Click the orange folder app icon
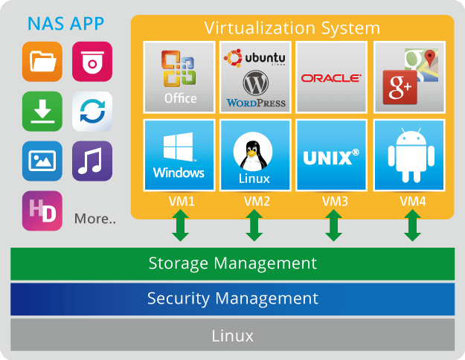coord(42,62)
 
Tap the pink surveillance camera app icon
coord(92,62)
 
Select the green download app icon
coord(42,112)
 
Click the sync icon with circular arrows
coord(92,112)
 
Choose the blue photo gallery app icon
coord(42,161)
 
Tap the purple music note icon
coord(92,161)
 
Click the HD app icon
coord(42,210)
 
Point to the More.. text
coord(95,219)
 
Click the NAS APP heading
coord(65,23)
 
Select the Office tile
coord(180,76)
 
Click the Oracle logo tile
coord(331,76)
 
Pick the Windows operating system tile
coord(179,155)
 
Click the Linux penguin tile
coord(255,155)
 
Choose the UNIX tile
coord(331,155)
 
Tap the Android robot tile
coord(408,155)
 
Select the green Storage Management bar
coord(232,263)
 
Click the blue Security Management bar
coord(232,299)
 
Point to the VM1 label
coord(179,201)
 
